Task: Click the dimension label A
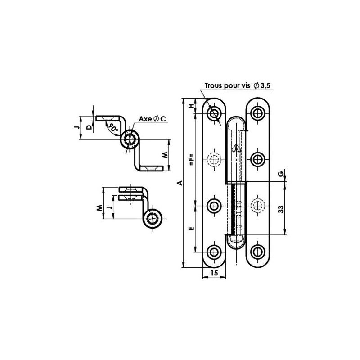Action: pyautogui.click(x=179, y=183)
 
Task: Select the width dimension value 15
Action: pyautogui.click(x=214, y=273)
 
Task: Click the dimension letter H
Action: pyautogui.click(x=191, y=106)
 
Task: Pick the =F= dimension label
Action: pyautogui.click(x=191, y=160)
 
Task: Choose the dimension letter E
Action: pyautogui.click(x=191, y=229)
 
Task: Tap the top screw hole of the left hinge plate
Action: pyautogui.click(x=214, y=112)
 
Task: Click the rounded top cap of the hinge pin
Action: pyautogui.click(x=236, y=122)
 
